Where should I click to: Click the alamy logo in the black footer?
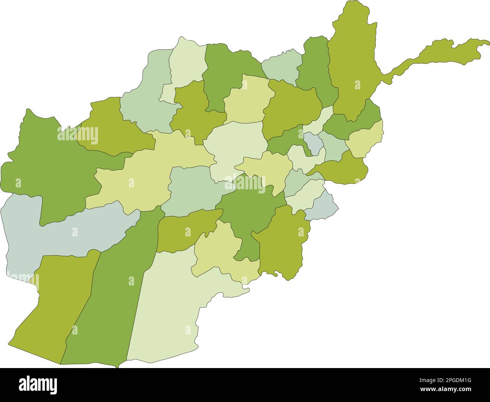tap(38, 385)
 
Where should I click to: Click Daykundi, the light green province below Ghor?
tap(192, 189)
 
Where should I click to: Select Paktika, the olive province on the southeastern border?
tap(283, 241)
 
